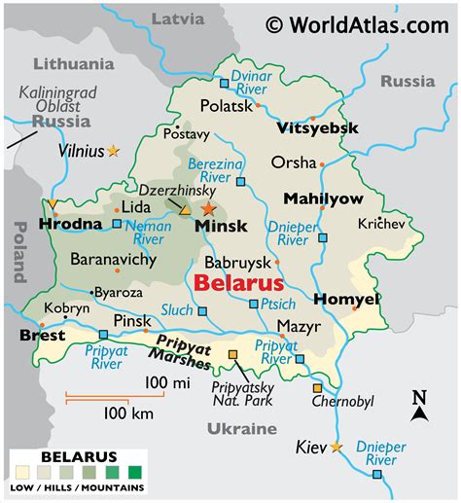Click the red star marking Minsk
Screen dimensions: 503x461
[x=207, y=208]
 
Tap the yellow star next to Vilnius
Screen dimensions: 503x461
[x=114, y=151]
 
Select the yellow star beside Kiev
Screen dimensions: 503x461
[x=337, y=447]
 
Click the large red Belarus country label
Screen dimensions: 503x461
[x=238, y=283]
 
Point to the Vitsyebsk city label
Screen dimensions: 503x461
[x=317, y=128]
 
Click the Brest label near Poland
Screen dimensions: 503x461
[x=42, y=335]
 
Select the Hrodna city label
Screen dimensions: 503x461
[x=70, y=224]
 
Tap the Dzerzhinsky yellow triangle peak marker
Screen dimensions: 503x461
[x=185, y=208]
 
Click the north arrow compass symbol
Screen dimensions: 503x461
[x=418, y=408]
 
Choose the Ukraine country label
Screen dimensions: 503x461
[x=241, y=428]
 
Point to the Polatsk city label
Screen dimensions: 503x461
[x=227, y=105]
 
